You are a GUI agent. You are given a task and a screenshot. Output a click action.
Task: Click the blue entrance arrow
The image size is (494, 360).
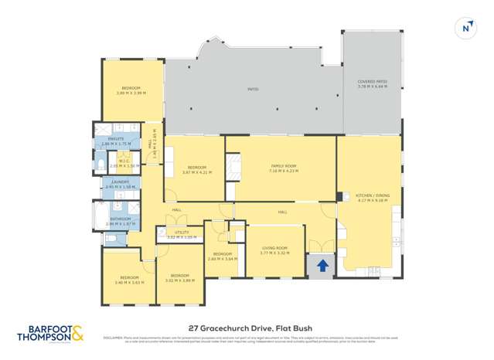coord(322,266)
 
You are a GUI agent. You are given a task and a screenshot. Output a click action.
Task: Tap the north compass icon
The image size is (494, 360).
coord(465,27)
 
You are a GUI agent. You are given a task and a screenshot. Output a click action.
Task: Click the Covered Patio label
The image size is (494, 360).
coord(372,81)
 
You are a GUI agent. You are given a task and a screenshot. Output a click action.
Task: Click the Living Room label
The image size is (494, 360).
coord(274,248)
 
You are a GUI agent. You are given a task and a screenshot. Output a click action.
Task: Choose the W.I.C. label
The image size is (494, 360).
coord(124,161)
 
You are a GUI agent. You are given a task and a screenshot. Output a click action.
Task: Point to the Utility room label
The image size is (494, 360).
coord(182,232)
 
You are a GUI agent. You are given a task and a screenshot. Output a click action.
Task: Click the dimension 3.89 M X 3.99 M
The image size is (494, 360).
coord(131,93)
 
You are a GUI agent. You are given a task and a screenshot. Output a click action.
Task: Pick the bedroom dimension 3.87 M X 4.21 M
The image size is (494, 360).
coord(196,172)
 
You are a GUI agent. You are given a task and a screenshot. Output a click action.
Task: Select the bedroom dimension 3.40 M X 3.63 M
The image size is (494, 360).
coord(128,282)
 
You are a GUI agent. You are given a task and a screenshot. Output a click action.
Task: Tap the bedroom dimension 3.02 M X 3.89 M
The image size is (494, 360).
coord(179,280)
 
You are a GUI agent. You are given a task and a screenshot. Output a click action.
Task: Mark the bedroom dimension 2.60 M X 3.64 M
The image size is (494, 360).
coord(223,259)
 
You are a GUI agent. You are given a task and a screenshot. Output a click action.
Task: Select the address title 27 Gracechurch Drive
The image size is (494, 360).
coord(247,327)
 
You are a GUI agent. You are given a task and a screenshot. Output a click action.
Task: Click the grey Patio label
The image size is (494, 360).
coord(253,90)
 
